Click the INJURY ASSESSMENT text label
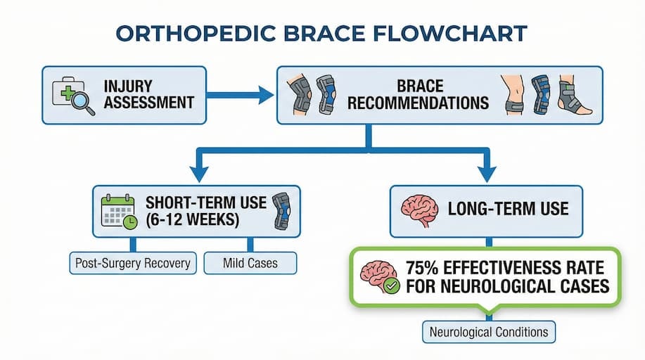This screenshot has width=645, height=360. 148,94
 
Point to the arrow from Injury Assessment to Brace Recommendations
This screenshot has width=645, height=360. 239,95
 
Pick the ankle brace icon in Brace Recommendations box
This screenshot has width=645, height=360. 576,96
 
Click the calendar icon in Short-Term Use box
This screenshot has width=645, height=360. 118,211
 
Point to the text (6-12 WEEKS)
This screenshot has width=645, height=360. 186,219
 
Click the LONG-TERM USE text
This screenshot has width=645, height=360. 508,210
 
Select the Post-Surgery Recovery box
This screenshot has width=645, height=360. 132,264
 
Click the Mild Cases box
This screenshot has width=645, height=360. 250,264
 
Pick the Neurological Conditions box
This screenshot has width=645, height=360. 489,332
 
